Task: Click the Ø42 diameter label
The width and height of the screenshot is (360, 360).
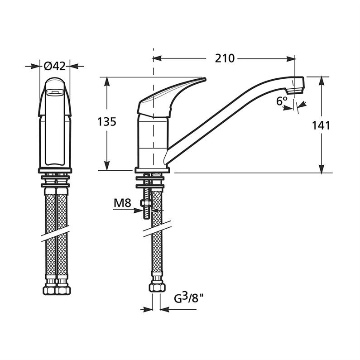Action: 55,66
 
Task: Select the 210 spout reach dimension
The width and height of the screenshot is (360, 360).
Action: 225,58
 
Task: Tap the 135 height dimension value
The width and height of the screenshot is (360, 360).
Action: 107,121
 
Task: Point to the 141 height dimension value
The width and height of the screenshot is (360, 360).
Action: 321,125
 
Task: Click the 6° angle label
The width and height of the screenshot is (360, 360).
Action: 282,101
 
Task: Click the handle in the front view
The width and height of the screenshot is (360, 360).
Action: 55,97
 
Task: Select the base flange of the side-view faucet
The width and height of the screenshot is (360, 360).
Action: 152,170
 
